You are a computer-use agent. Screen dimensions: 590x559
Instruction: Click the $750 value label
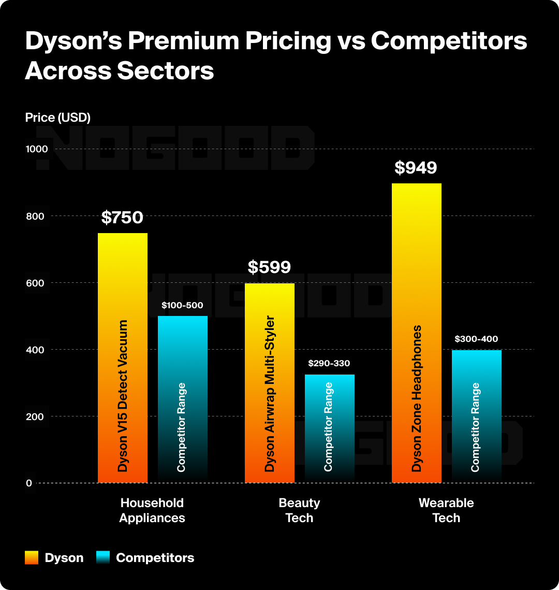122,218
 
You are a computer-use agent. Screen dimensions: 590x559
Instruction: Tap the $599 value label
269,267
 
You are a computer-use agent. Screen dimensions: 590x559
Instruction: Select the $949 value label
416,168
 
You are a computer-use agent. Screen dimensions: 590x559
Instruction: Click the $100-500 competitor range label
182,306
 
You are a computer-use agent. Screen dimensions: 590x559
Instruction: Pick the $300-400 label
476,339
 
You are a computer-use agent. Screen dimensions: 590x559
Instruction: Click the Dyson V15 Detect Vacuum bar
123,357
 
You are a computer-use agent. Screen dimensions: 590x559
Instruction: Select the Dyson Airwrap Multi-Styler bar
270,383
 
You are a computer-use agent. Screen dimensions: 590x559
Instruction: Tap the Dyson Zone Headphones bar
417,332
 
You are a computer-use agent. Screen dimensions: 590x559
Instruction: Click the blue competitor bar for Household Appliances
183,399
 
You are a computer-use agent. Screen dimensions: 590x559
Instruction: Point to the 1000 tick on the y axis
37,149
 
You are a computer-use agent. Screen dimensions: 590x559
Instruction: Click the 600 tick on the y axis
39,283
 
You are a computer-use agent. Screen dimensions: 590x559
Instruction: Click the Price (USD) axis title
57,118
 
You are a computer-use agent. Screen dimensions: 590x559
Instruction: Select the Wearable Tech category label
446,510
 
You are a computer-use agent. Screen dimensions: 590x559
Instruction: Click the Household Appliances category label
152,510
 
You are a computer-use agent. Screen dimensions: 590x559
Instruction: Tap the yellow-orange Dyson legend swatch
32,558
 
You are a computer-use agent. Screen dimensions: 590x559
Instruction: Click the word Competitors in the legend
155,558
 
